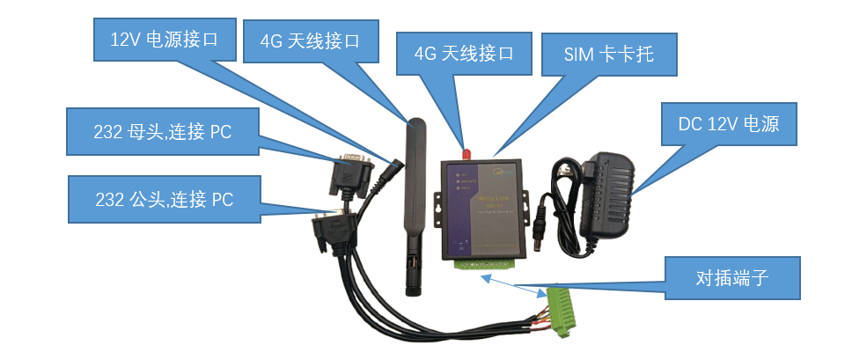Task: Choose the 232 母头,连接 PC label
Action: click(163, 133)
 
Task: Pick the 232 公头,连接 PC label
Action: click(163, 199)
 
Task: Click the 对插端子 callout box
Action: click(732, 280)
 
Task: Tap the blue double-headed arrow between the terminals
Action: click(510, 283)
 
